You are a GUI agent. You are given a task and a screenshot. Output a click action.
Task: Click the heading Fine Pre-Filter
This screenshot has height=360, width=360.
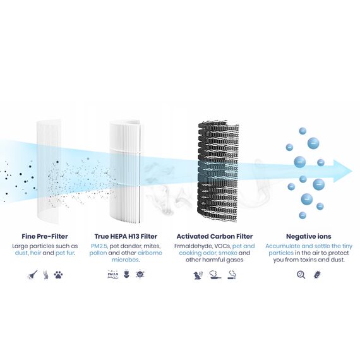click(45, 236)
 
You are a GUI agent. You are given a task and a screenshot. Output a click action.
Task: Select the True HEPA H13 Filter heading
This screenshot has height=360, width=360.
click(126, 236)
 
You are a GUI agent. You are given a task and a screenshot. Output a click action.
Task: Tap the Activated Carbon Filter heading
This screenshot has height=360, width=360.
click(215, 236)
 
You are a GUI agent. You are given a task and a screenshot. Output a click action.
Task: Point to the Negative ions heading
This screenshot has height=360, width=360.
click(309, 236)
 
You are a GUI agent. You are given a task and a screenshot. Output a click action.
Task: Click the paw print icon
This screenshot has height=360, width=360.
click(58, 275)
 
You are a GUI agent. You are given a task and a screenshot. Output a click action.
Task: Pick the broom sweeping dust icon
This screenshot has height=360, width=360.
click(32, 275)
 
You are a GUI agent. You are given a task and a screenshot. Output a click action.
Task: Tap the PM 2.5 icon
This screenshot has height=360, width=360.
click(112, 274)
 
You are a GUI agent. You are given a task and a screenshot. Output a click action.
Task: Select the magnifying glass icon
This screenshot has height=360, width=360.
click(301, 275)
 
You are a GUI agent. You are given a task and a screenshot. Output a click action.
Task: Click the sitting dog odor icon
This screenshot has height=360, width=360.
click(198, 275)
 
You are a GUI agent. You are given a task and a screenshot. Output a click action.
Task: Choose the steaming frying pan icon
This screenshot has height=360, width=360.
click(215, 275)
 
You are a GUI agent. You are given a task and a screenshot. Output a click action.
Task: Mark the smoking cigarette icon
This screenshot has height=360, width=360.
click(232, 275)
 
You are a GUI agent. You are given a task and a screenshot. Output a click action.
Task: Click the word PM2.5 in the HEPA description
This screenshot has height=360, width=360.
click(99, 246)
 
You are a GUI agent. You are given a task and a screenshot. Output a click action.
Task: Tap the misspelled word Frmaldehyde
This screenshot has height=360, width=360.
click(193, 246)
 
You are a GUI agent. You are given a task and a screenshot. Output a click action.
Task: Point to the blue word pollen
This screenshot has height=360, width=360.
click(98, 253)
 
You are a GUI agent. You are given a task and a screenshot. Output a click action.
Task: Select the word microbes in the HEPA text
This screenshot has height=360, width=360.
click(125, 260)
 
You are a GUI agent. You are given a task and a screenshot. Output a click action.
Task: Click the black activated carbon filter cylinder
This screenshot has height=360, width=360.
click(218, 172)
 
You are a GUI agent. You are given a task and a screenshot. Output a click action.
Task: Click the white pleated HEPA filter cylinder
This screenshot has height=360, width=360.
click(125, 172)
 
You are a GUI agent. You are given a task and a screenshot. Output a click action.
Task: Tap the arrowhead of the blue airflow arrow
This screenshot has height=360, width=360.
click(343, 171)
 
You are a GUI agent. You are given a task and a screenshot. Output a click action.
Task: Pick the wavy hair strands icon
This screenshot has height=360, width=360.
click(46, 275)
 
